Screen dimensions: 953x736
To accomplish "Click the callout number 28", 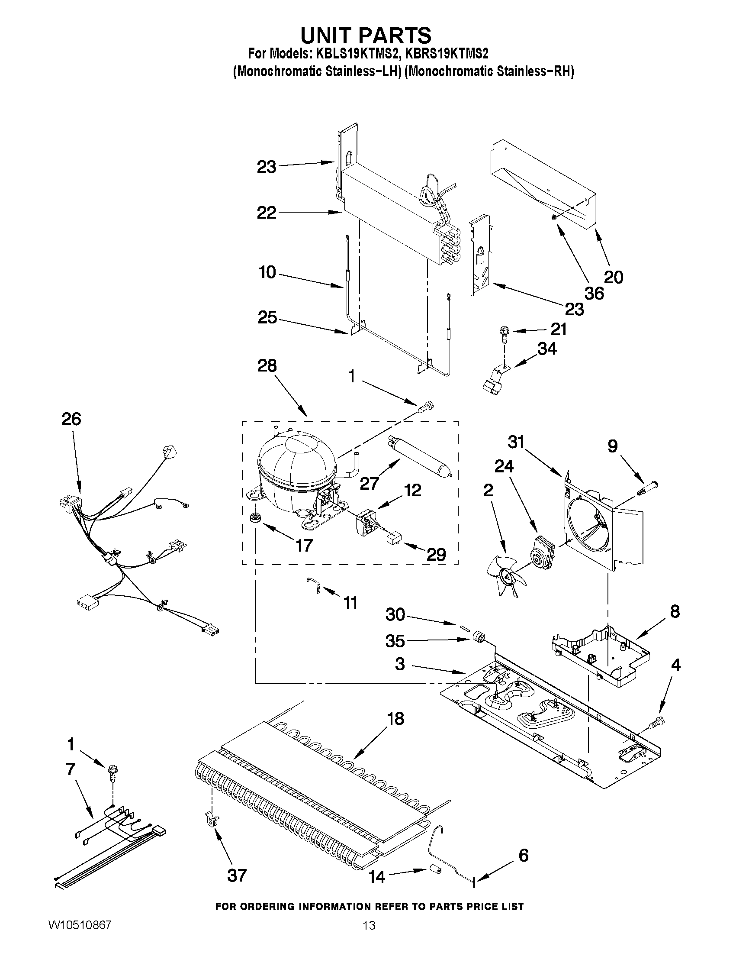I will click(x=267, y=366).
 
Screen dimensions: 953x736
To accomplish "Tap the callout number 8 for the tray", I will click(x=674, y=612).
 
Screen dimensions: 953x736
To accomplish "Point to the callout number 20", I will click(x=613, y=277).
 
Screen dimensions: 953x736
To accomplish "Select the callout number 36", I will click(x=594, y=293).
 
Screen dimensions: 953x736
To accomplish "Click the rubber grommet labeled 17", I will click(x=254, y=518).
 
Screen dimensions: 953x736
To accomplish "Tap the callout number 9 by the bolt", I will click(x=612, y=446).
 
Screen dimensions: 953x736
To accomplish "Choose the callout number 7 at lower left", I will click(x=71, y=769).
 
